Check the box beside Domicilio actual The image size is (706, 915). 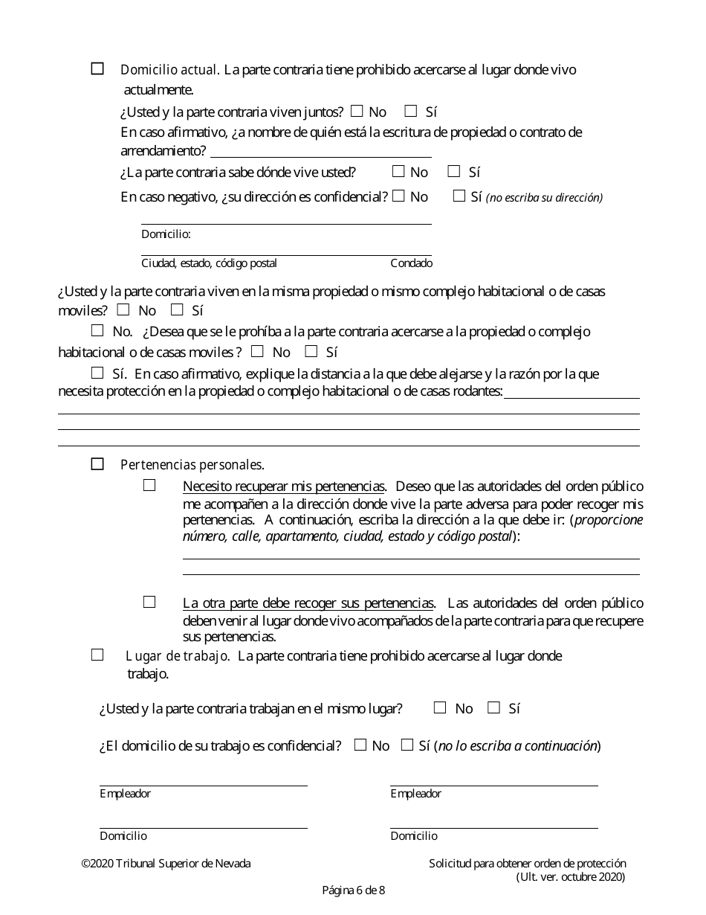pos(97,68)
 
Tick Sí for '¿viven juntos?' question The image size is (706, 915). pos(411,112)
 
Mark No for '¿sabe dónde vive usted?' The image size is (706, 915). pos(398,172)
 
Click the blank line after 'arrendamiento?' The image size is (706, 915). pos(320,152)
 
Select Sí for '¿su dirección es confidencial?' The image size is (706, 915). pos(459,196)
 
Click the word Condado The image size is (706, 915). pos(411,263)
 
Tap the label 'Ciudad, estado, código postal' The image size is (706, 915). pos(209,263)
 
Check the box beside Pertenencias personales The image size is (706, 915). pos(97,464)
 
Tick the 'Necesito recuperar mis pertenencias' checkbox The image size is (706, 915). pos(149,485)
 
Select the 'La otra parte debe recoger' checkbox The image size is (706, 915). pos(149,602)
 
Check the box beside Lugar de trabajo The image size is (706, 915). pos(97,655)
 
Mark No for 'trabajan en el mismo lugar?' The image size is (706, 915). pos(440,707)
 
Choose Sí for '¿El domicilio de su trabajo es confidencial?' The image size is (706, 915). pos(407,745)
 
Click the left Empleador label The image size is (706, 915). pos(125,794)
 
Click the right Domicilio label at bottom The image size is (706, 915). pos(414,836)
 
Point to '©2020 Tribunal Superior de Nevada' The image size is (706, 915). pos(166,864)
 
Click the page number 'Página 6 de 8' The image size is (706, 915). pos(353,890)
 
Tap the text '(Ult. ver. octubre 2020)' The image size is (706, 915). pos(571,877)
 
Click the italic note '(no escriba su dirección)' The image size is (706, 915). pos(544,198)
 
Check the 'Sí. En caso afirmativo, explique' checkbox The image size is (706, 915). pos(97,373)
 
